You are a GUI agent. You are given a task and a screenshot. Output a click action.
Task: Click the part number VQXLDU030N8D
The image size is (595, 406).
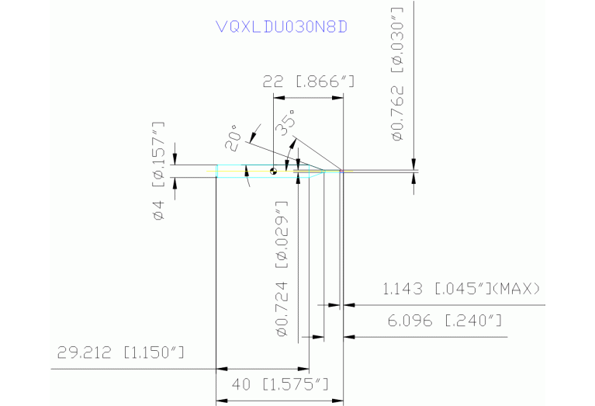click(x=282, y=26)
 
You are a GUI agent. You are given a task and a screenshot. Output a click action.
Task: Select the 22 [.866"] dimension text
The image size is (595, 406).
click(x=309, y=80)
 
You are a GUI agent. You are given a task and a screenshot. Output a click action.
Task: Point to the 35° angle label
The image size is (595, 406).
click(x=288, y=122)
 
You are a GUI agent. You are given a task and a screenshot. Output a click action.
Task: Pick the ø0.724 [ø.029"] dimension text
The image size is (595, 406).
click(x=282, y=268)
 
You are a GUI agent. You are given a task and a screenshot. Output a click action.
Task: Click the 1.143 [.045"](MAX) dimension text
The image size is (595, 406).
click(x=461, y=289)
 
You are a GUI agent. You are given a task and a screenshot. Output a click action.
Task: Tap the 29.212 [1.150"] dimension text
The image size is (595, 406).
click(x=120, y=353)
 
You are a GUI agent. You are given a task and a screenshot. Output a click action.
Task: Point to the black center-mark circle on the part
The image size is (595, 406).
click(x=273, y=171)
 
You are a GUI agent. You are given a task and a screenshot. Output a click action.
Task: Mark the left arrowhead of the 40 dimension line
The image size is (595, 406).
click(x=221, y=400)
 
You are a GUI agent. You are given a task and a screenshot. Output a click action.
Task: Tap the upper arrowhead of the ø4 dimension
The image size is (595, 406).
click(x=175, y=161)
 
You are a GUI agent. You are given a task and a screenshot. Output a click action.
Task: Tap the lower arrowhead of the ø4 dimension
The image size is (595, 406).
click(x=175, y=182)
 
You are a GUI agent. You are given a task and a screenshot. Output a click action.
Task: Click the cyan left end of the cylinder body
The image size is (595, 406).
click(x=217, y=172)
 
